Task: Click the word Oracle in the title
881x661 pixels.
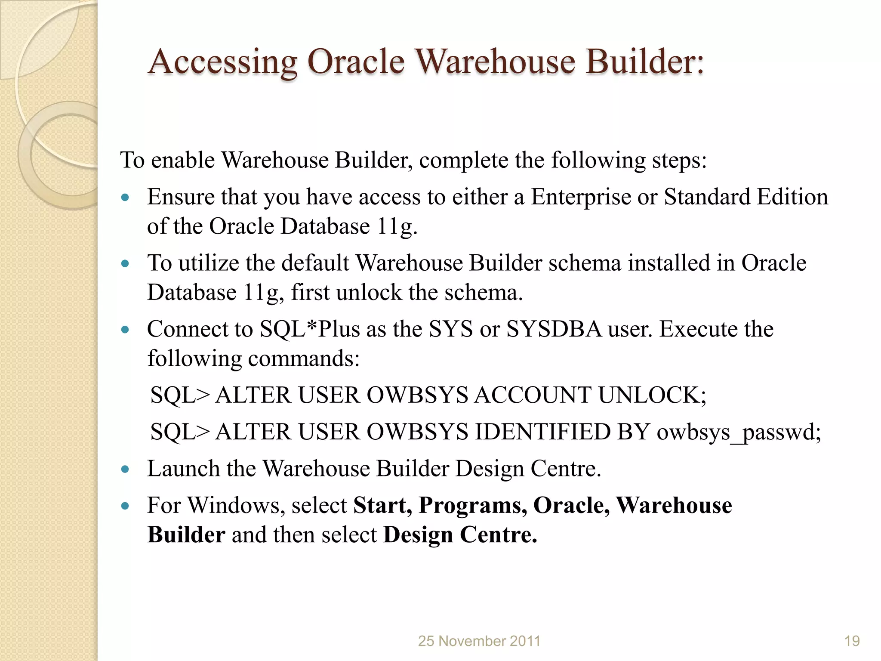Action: coord(356,62)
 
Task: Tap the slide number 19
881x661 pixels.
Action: coord(852,641)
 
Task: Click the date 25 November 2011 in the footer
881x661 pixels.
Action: coord(479,641)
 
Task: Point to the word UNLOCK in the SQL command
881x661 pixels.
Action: coord(652,395)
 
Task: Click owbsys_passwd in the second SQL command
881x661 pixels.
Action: coord(739,432)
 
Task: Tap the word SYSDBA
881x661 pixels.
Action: coord(554,330)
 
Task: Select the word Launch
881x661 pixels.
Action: coord(183,469)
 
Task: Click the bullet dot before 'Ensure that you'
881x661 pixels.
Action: coord(125,198)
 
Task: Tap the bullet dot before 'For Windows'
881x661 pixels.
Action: coord(125,506)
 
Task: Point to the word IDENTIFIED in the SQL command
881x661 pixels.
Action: coord(542,432)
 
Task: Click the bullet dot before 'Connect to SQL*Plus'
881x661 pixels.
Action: coord(125,330)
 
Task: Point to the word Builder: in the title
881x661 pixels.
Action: coord(645,62)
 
